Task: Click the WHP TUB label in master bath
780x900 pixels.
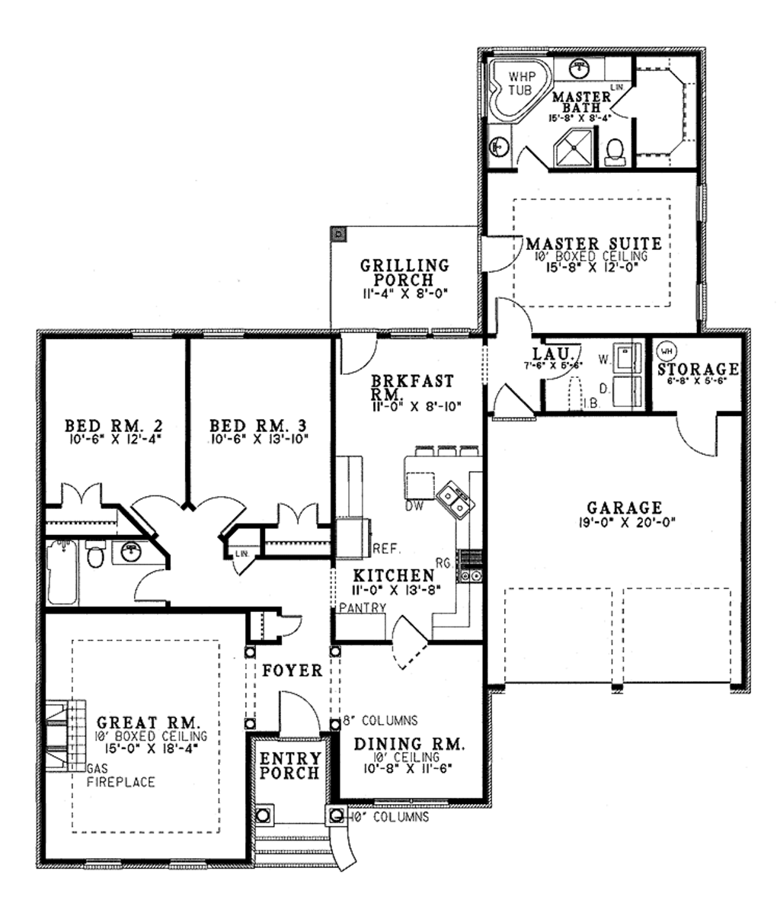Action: tap(522, 82)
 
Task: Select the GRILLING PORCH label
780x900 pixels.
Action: tap(404, 272)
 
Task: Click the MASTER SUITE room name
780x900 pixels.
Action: tap(593, 245)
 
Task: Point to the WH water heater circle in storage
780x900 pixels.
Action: tap(667, 351)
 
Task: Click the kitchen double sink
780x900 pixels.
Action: tap(455, 499)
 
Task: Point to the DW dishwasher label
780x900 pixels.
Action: tap(414, 505)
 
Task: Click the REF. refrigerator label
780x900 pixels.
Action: tap(382, 547)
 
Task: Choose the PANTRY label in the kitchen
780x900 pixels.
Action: tap(363, 607)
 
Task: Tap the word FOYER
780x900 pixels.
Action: tap(292, 671)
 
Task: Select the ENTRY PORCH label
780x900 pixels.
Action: tap(290, 765)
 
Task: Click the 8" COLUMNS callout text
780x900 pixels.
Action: tap(379, 719)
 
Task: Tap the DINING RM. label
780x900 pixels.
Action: tap(408, 744)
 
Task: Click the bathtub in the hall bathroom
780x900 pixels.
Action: tap(61, 571)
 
